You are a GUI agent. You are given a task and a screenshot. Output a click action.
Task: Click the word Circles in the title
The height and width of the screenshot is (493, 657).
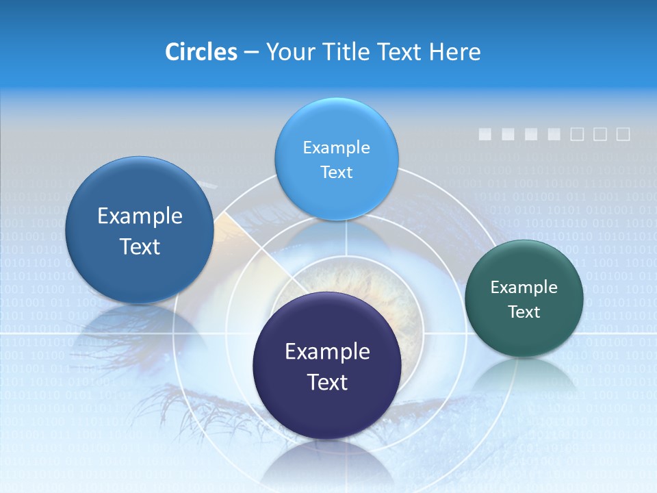(x=201, y=52)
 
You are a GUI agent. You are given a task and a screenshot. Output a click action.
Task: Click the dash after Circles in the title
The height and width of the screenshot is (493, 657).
(x=251, y=53)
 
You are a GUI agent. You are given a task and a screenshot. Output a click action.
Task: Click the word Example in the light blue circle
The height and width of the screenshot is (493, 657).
(x=336, y=147)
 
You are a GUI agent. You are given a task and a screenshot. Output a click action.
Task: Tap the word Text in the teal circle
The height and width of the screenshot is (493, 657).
(x=524, y=312)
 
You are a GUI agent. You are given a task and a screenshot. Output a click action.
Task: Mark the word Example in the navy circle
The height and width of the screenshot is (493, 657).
(x=327, y=352)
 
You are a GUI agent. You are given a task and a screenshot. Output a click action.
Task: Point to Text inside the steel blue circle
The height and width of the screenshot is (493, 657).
(x=140, y=246)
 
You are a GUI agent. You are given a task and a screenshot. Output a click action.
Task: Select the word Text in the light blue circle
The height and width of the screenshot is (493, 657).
(x=336, y=173)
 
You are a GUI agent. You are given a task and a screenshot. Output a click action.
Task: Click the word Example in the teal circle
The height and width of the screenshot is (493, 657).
(x=524, y=288)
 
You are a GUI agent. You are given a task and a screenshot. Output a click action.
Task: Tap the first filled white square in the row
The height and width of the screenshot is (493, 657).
(x=485, y=134)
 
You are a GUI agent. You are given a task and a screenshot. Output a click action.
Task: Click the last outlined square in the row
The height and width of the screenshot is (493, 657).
(x=623, y=134)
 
